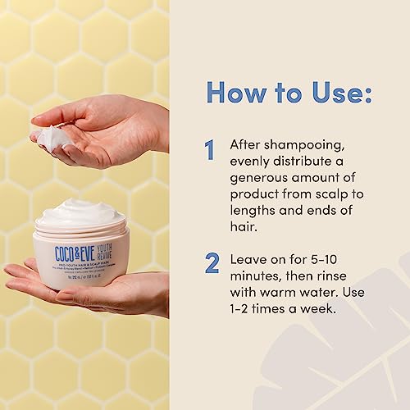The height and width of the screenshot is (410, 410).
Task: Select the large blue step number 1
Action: (210, 149)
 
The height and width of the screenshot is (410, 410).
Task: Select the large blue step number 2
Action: (212, 263)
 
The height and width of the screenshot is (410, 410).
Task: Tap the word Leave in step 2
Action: (250, 257)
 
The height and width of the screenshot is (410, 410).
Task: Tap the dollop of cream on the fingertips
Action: (54, 136)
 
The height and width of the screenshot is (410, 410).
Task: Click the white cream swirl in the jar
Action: (80, 215)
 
